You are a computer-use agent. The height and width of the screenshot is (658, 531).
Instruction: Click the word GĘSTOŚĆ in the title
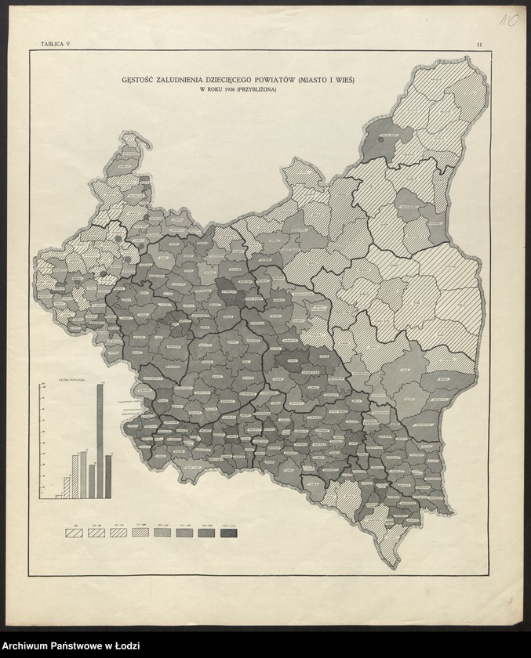pos(141,79)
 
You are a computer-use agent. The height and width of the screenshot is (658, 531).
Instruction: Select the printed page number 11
pos(478,46)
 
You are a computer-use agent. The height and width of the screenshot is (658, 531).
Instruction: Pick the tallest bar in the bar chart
pos(100,440)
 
